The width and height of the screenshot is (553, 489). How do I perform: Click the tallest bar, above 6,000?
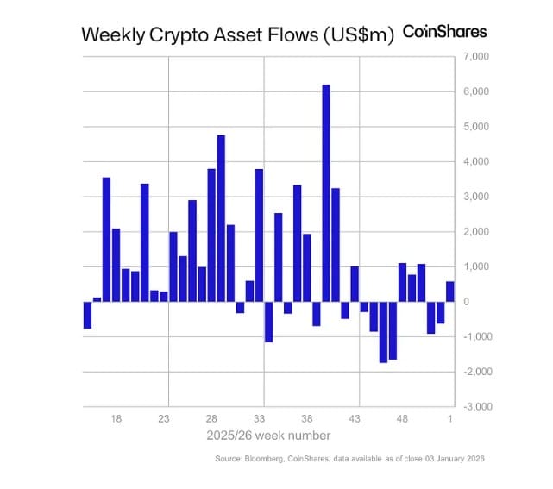[326, 193]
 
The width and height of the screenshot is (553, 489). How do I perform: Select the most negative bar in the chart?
[383, 332]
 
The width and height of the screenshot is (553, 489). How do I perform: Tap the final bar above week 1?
[449, 292]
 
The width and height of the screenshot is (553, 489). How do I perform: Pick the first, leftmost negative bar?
[87, 315]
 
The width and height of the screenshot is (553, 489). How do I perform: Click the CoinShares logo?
[445, 32]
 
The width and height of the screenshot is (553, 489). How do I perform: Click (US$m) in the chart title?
[356, 34]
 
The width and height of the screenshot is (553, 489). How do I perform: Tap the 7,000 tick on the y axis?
[477, 56]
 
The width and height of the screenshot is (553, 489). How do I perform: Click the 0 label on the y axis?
[466, 301]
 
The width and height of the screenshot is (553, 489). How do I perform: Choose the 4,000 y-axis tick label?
[477, 161]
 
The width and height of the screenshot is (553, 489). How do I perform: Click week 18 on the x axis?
[116, 417]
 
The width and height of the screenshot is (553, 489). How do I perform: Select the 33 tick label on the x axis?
[259, 417]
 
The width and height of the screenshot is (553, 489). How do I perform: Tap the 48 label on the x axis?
[402, 417]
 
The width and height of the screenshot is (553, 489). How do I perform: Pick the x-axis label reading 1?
[449, 417]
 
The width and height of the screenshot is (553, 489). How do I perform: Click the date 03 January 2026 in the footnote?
[450, 459]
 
